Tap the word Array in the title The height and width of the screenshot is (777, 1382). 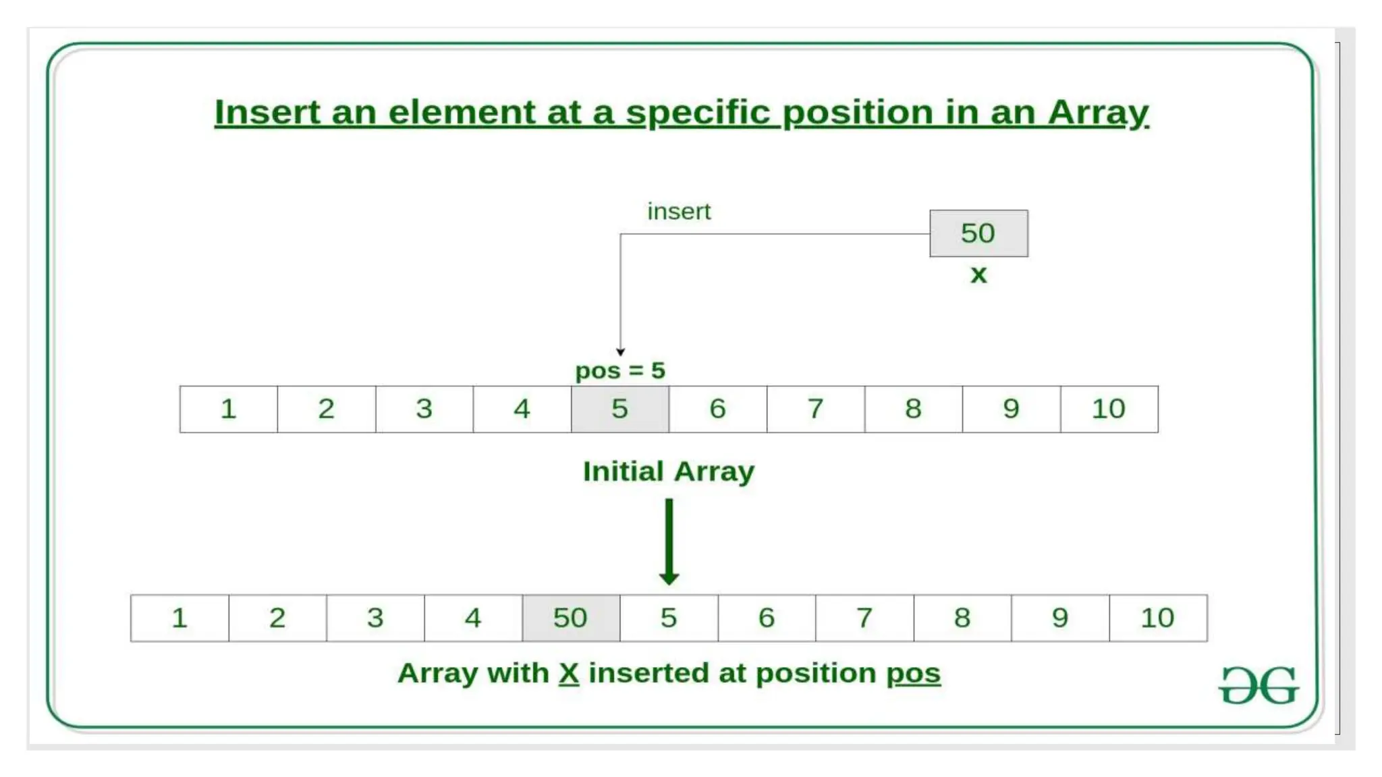click(x=1098, y=112)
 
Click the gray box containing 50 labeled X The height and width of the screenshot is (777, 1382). click(x=978, y=233)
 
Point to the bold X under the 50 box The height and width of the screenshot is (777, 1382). click(x=978, y=275)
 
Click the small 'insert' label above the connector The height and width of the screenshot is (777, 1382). click(x=679, y=212)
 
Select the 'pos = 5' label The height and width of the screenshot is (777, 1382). click(x=620, y=370)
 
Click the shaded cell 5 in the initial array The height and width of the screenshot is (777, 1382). click(x=620, y=409)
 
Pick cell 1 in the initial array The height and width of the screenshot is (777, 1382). click(x=229, y=409)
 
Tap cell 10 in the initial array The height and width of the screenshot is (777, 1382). click(x=1109, y=409)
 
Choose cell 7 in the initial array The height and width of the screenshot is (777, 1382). click(x=815, y=409)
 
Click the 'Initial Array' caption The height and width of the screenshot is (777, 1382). click(x=668, y=471)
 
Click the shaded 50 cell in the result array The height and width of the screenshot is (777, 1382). click(x=571, y=618)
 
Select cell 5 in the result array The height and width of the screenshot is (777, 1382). click(x=669, y=618)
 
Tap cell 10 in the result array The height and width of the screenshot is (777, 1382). click(x=1158, y=618)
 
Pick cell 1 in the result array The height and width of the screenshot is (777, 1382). click(x=179, y=618)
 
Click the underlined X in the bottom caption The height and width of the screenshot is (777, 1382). click(x=569, y=673)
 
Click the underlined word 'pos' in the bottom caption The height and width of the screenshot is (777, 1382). click(x=913, y=673)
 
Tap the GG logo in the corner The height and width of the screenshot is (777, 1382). click(x=1259, y=686)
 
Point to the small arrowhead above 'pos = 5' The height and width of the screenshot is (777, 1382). click(x=620, y=351)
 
